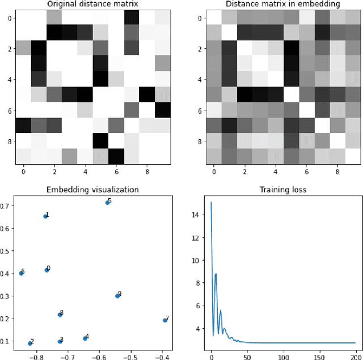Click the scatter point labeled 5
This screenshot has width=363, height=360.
click(x=107, y=203)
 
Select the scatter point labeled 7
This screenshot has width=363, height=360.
click(x=164, y=320)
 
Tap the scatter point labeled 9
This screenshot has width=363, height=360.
click(x=117, y=296)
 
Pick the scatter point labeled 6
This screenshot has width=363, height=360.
click(x=21, y=273)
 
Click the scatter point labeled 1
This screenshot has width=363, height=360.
click(x=45, y=216)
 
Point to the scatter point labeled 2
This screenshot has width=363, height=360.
click(x=29, y=343)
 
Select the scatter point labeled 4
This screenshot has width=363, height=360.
click(x=85, y=338)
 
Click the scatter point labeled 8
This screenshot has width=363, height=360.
click(x=60, y=315)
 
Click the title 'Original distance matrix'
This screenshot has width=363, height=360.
click(x=92, y=5)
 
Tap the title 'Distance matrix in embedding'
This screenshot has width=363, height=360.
click(x=274, y=5)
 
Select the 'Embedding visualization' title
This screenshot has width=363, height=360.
click(x=92, y=190)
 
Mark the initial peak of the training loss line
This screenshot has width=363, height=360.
click(x=212, y=202)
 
